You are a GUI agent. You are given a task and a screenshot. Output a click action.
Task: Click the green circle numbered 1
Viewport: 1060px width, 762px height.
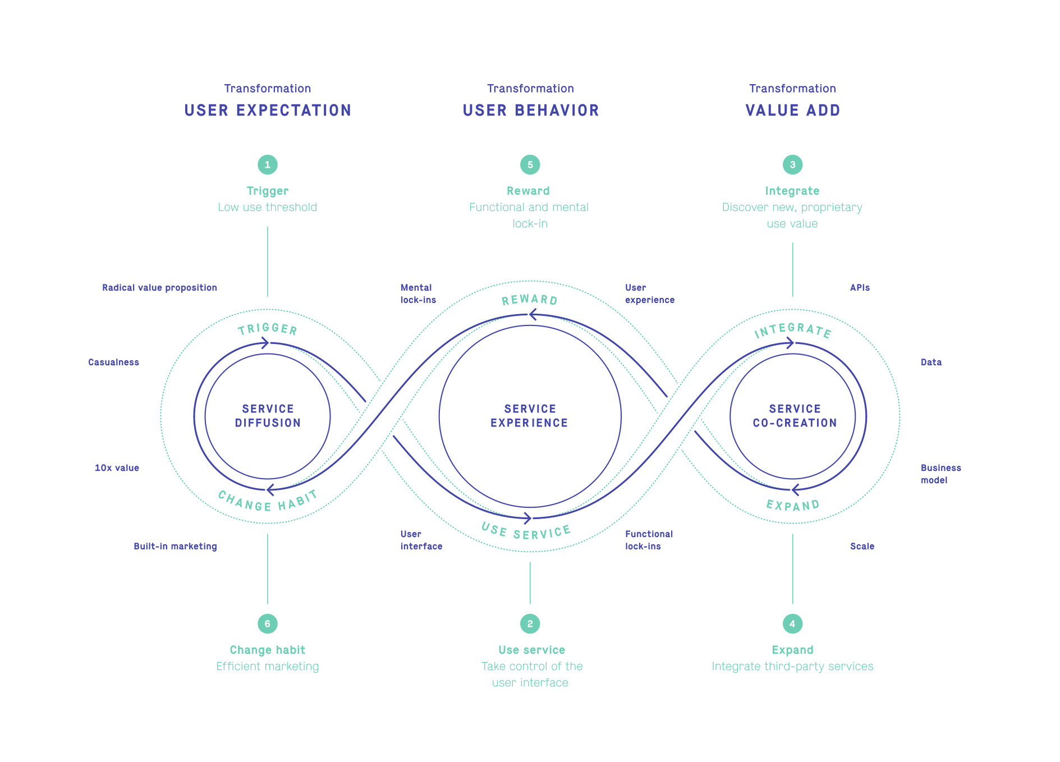(268, 164)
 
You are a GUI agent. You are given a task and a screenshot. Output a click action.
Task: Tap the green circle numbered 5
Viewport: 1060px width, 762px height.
(530, 164)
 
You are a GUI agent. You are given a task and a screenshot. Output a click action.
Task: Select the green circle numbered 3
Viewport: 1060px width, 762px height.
(792, 164)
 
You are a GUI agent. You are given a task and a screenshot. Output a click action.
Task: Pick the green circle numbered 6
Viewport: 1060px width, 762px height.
(268, 623)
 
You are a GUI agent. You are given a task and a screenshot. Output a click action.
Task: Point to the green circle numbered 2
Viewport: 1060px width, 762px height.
(530, 623)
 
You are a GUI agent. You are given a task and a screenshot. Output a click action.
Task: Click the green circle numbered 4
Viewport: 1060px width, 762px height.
(792, 623)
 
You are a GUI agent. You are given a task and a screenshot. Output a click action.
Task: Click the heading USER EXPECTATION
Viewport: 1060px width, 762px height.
(268, 111)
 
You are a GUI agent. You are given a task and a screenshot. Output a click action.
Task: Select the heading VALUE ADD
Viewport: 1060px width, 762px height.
(793, 111)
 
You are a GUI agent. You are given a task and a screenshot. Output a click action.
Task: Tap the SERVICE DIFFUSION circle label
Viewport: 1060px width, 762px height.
(268, 416)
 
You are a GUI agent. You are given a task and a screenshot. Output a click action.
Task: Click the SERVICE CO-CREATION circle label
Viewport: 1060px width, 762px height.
(795, 416)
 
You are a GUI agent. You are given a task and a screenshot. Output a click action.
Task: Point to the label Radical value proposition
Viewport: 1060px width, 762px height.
(159, 288)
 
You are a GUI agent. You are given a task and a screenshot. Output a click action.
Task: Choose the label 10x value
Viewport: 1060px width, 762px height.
(117, 468)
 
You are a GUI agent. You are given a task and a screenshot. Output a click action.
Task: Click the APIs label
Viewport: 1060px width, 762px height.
(860, 288)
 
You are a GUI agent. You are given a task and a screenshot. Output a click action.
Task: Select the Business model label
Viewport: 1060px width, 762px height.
(941, 474)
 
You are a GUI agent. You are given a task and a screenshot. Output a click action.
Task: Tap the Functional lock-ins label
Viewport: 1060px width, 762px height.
(649, 540)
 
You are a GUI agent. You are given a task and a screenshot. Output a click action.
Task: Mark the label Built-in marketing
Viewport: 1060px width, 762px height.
(175, 547)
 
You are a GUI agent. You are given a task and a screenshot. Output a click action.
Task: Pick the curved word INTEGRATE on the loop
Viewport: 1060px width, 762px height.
(792, 330)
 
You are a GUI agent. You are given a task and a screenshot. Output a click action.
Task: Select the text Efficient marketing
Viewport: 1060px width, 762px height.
(268, 667)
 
